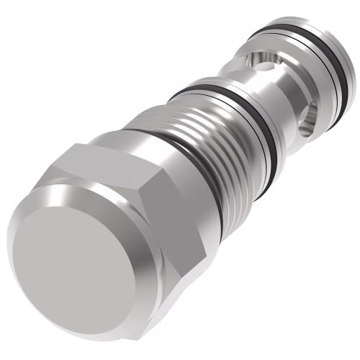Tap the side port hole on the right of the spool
tap(311, 115)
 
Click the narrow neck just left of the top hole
tap(238, 68)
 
